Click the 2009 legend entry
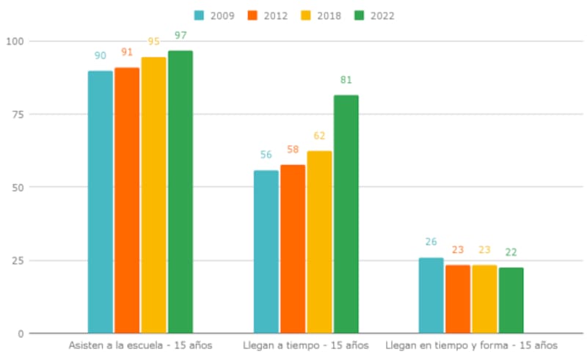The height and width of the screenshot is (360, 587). pos(214,15)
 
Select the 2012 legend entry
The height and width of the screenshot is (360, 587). pos(268,15)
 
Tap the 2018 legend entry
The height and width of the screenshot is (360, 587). pos(321,15)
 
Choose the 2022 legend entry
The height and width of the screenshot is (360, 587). pos(374,15)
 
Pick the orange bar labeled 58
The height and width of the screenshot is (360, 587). pos(293,249)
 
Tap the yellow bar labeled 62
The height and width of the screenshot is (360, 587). pos(319,242)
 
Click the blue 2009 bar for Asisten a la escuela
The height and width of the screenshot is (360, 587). pos(101,202)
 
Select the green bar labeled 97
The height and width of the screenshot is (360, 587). pos(181,191)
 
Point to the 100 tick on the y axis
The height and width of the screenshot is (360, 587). pos(15,41)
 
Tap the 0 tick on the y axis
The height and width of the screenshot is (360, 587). pos(21,334)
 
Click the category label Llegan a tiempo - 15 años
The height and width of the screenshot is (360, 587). pos(306,345)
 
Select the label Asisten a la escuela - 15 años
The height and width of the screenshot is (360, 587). pos(140,345)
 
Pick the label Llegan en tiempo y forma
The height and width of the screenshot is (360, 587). pos(471,345)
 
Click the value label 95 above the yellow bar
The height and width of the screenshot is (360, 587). pos(154,42)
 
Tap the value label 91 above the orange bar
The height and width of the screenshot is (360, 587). pos(127,52)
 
